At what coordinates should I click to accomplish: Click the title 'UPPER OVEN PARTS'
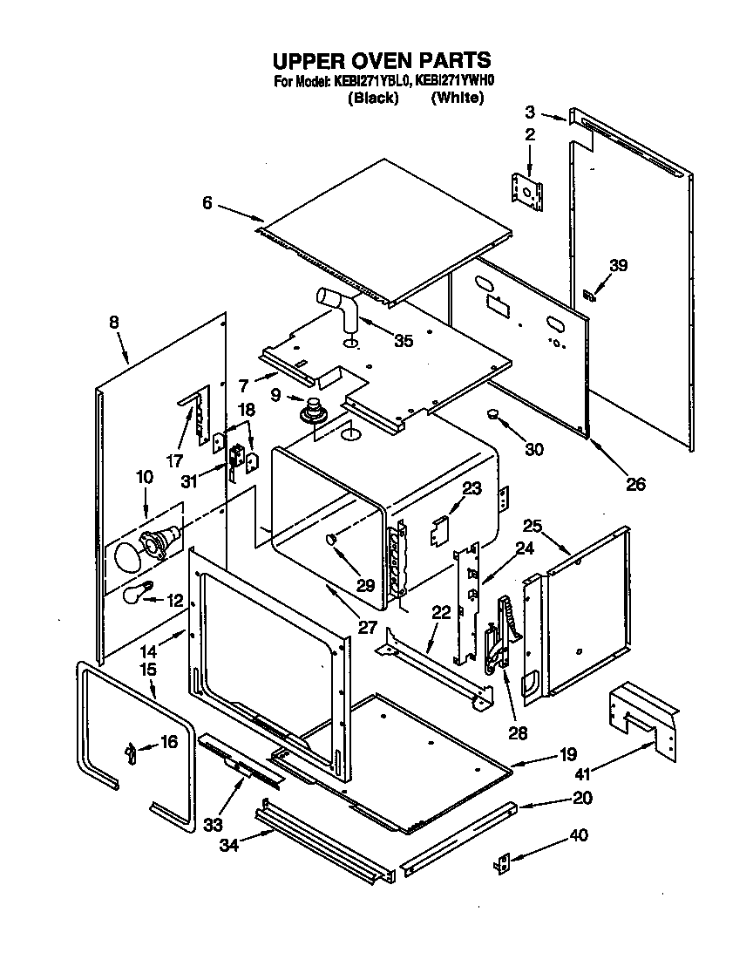point(382,61)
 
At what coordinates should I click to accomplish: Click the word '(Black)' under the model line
point(372,98)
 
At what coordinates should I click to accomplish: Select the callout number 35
point(403,341)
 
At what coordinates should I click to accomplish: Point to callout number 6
point(207,202)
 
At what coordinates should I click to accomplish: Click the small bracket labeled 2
point(526,189)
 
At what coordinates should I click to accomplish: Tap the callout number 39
point(618,266)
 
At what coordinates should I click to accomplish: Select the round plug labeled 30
point(493,414)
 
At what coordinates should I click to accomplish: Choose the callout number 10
point(144,477)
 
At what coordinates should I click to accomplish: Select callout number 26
point(635,483)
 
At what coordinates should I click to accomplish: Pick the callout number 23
point(471,489)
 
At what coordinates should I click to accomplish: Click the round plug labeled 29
point(332,541)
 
